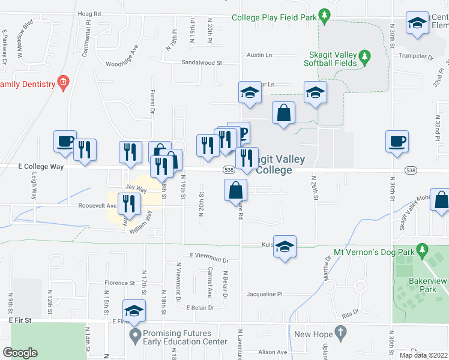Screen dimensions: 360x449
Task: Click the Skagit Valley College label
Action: click(280, 165)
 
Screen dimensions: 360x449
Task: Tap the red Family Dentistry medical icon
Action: click(62, 81)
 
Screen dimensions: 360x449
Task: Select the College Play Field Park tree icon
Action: click(324, 14)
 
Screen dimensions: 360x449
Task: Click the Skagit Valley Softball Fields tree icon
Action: click(364, 58)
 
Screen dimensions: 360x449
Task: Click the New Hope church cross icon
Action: click(340, 332)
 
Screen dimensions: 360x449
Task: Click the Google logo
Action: click(20, 353)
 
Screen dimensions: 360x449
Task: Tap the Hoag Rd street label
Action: click(89, 13)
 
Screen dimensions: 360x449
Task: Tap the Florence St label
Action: click(120, 283)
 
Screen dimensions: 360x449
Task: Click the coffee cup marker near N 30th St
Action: click(397, 142)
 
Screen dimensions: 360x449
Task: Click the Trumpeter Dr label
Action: click(417, 57)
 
